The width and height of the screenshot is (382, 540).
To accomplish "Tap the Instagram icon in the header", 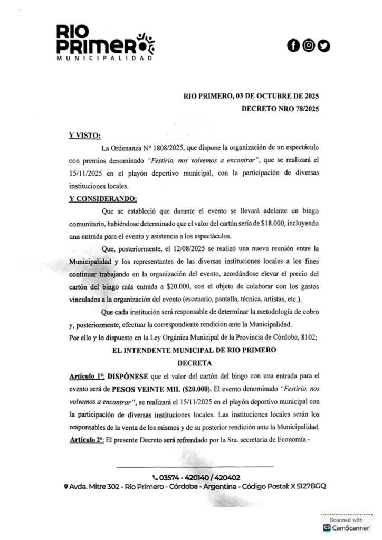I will pos(308,46).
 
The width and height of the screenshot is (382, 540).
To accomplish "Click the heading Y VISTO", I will pos(84,136).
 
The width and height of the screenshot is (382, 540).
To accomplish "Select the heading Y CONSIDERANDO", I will pos(102,199).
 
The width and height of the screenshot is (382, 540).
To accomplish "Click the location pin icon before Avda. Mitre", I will pos(65,486).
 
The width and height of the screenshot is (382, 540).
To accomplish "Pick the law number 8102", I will pos(307,337).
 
